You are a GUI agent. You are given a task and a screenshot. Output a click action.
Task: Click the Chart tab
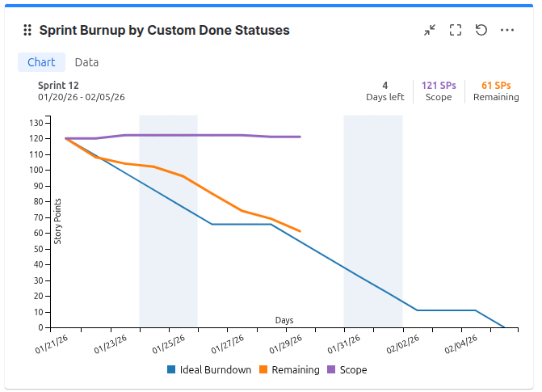point(41,62)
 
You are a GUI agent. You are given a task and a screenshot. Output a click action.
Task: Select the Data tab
point(86,62)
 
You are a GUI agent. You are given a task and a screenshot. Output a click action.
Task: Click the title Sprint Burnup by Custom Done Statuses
point(164,30)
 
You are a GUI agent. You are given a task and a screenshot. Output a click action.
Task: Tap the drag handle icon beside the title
point(27,30)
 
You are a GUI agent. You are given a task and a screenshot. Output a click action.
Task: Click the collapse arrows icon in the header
point(430,30)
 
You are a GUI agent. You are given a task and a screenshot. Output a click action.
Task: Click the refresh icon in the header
point(481,30)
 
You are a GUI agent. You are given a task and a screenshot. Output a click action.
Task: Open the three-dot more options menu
point(507,30)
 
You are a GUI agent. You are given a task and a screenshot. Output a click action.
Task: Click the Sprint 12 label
point(58,86)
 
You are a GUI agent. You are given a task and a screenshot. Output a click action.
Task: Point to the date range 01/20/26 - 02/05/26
point(81,97)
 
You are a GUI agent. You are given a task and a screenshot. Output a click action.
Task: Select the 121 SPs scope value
point(439,86)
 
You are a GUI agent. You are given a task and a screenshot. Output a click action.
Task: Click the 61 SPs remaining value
point(496,86)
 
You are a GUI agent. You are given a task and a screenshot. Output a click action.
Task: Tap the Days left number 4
point(385,86)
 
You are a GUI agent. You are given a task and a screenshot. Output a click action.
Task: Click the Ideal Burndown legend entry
point(208,370)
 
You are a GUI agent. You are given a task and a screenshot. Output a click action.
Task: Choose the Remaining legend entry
point(289,370)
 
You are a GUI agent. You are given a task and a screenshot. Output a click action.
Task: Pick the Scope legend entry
point(347,370)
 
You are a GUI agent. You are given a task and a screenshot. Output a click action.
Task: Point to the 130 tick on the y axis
point(36,123)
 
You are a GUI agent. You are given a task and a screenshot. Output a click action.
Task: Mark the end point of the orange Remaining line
point(300,231)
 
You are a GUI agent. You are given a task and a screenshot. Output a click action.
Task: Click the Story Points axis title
point(57,221)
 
